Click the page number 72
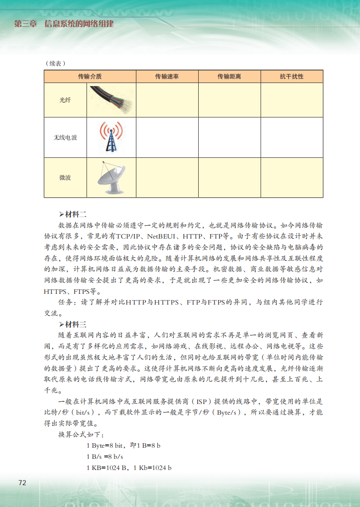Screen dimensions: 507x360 pyautogui.click(x=22, y=483)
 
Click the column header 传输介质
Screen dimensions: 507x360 pyautogui.click(x=90, y=77)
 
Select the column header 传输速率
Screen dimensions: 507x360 pyautogui.click(x=167, y=77)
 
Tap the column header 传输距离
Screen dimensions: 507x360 pyautogui.click(x=229, y=77)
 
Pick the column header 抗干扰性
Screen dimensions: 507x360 pyautogui.click(x=291, y=77)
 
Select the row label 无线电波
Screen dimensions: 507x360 pyautogui.click(x=65, y=138)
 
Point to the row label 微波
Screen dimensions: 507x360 pyautogui.click(x=65, y=177)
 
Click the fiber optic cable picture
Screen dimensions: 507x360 pyautogui.click(x=110, y=100)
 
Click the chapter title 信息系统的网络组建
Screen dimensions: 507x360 pyautogui.click(x=79, y=24)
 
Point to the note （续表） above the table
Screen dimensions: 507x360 pyautogui.click(x=55, y=63)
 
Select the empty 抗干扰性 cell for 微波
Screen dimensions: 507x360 pyautogui.click(x=291, y=177)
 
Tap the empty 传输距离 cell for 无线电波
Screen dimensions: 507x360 pyautogui.click(x=229, y=138)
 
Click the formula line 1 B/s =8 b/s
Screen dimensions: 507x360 pyautogui.click(x=105, y=457)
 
